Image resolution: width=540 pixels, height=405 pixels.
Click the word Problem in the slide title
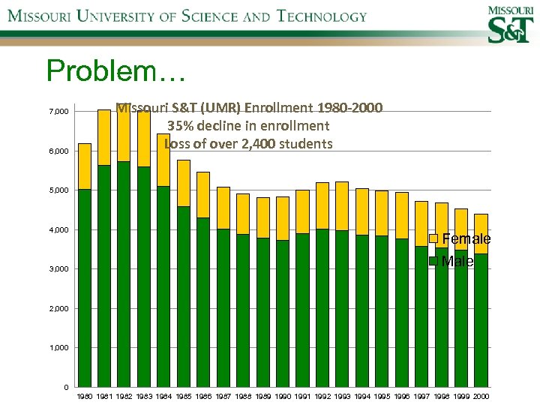(105, 71)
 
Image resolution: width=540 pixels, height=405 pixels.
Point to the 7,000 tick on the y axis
(59, 112)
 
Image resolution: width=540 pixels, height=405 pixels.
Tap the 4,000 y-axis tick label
(59, 229)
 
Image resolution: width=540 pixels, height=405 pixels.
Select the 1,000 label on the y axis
(59, 348)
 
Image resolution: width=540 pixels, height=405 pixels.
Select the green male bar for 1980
(85, 289)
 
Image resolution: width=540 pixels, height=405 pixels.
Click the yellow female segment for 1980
(85, 166)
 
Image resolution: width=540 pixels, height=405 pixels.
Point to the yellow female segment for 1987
(223, 208)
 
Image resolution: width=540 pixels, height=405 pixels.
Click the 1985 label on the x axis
(183, 396)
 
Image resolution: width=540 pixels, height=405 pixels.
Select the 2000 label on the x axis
(481, 396)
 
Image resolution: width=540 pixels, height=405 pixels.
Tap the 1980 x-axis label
(85, 396)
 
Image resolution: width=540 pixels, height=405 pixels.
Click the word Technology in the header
(322, 16)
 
